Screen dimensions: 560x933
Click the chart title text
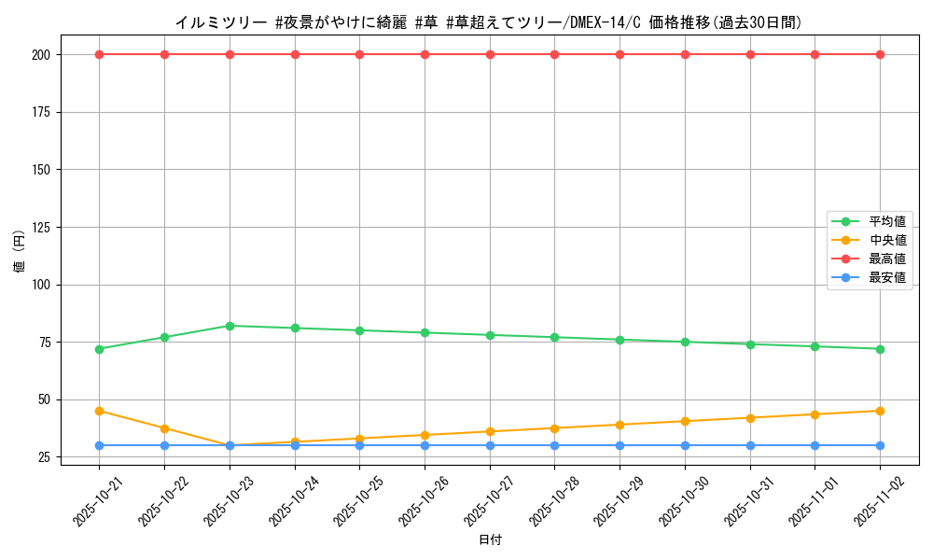tap(488, 22)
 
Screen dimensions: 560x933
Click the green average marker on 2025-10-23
tap(230, 326)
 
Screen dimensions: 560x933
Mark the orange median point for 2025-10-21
tap(100, 411)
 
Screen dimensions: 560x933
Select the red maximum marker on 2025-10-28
tap(554, 54)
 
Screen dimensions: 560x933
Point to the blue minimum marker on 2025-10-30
tap(685, 445)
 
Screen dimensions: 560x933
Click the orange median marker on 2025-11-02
tap(880, 411)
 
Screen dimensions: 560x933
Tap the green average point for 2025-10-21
tap(100, 349)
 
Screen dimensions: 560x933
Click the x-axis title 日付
tap(490, 540)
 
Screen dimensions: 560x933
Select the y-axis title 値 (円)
tap(20, 252)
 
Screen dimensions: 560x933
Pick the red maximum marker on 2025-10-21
tap(100, 54)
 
